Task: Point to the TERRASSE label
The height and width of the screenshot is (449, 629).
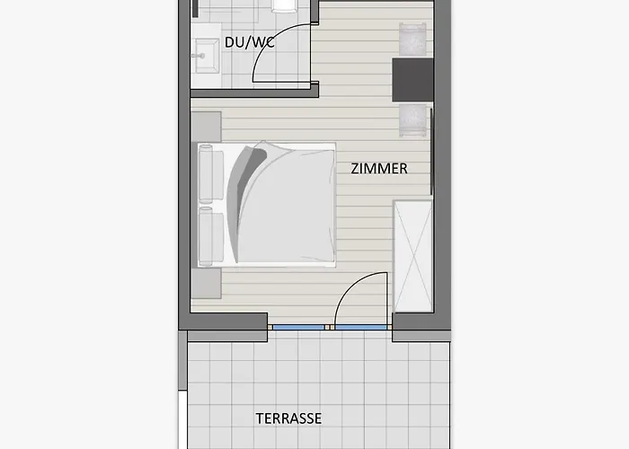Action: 288,418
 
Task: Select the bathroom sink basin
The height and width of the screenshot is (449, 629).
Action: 205,55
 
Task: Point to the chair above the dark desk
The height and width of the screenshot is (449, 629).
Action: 413,40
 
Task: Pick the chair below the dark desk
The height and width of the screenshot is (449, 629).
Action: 413,119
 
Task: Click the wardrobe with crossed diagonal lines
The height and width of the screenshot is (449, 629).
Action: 412,256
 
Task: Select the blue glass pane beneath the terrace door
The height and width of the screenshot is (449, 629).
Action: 362,327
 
